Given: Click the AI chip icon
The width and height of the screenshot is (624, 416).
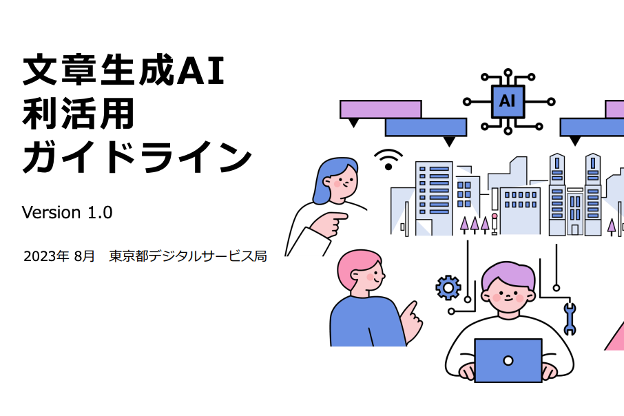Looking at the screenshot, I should [508, 101].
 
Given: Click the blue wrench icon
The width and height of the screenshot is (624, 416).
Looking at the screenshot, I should [569, 318].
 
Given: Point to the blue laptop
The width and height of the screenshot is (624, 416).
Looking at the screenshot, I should [508, 360].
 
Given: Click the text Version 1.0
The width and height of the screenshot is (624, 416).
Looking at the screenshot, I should [67, 212].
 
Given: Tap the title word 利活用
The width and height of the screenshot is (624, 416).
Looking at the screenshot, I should [79, 114].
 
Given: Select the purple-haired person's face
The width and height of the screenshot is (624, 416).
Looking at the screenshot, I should [509, 293].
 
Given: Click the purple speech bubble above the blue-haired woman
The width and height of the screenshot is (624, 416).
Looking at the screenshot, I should [380, 109].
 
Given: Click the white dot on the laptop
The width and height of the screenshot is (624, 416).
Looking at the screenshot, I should [508, 360].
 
